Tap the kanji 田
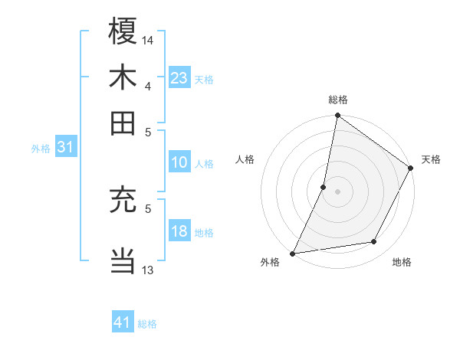tap(123, 123)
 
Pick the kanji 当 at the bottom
tap(123, 260)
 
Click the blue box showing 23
tap(179, 77)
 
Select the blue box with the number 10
tap(179, 162)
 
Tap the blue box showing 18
tap(179, 231)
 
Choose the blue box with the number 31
tap(65, 147)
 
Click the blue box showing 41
tap(123, 322)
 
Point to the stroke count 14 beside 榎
tap(149, 39)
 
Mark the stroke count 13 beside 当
tap(148, 270)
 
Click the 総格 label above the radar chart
tap(338, 100)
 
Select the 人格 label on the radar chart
tap(245, 159)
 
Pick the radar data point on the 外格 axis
tap(293, 253)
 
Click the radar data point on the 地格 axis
tap(374, 242)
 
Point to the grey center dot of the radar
tap(338, 191)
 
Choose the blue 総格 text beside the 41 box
tap(147, 324)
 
